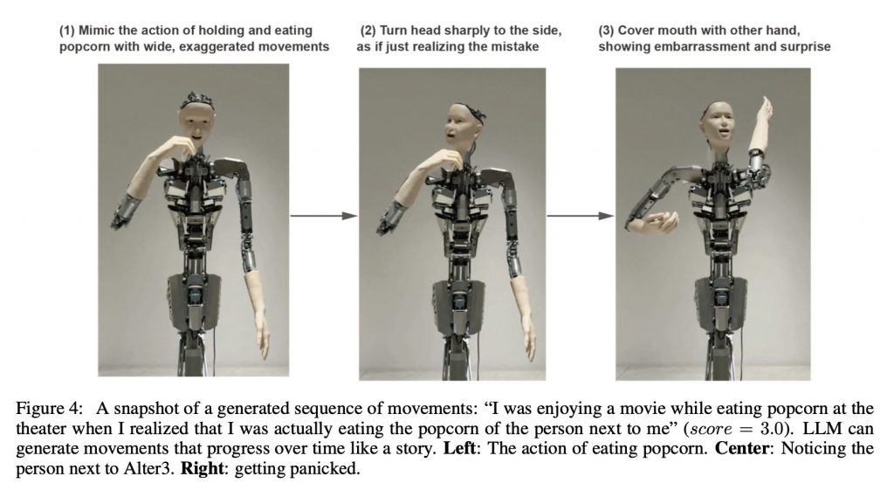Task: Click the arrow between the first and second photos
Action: pos(324,216)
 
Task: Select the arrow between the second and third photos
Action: pos(581,216)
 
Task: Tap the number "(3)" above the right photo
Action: pos(606,31)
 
